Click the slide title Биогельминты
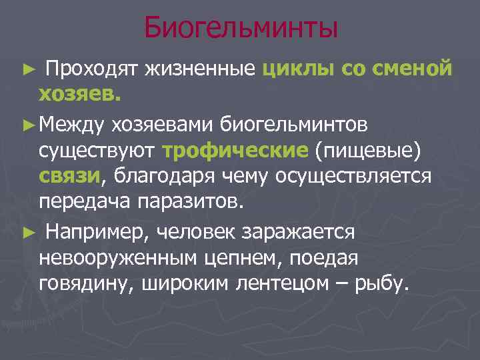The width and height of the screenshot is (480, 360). (241, 28)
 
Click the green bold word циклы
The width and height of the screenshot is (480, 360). (299, 69)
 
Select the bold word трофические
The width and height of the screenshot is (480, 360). (235, 150)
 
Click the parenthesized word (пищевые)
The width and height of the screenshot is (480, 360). (369, 150)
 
